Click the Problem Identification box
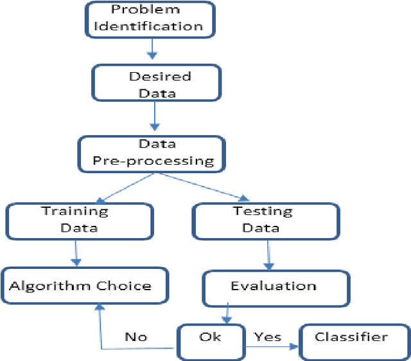click(x=148, y=19)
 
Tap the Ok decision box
click(x=210, y=340)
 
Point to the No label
click(x=135, y=337)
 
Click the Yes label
click(x=267, y=337)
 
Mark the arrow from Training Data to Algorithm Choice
click(x=77, y=253)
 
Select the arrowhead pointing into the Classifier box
click(x=295, y=347)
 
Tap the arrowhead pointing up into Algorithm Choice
click(x=100, y=310)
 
